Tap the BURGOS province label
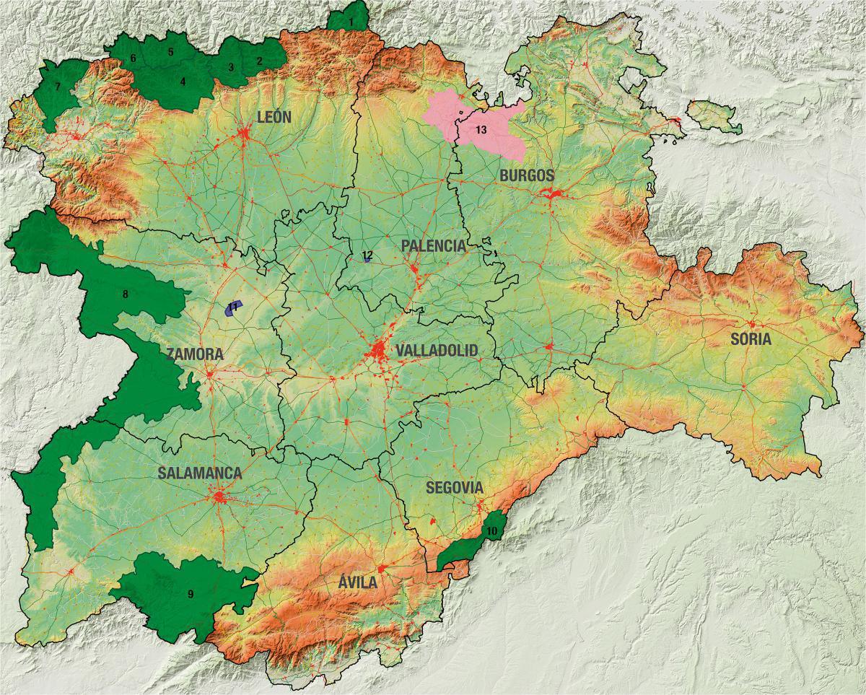click(527, 175)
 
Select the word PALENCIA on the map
click(433, 246)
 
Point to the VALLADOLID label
click(437, 351)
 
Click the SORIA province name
click(751, 338)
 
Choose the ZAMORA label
click(194, 355)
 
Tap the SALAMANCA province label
click(200, 473)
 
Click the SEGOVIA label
click(454, 487)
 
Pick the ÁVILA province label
click(358, 582)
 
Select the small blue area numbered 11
click(232, 307)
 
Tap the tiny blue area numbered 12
click(367, 256)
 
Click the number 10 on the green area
click(491, 531)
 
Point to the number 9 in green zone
click(191, 594)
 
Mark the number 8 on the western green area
click(125, 294)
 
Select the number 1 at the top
click(351, 22)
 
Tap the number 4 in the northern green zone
click(183, 82)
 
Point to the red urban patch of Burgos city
click(554, 193)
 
